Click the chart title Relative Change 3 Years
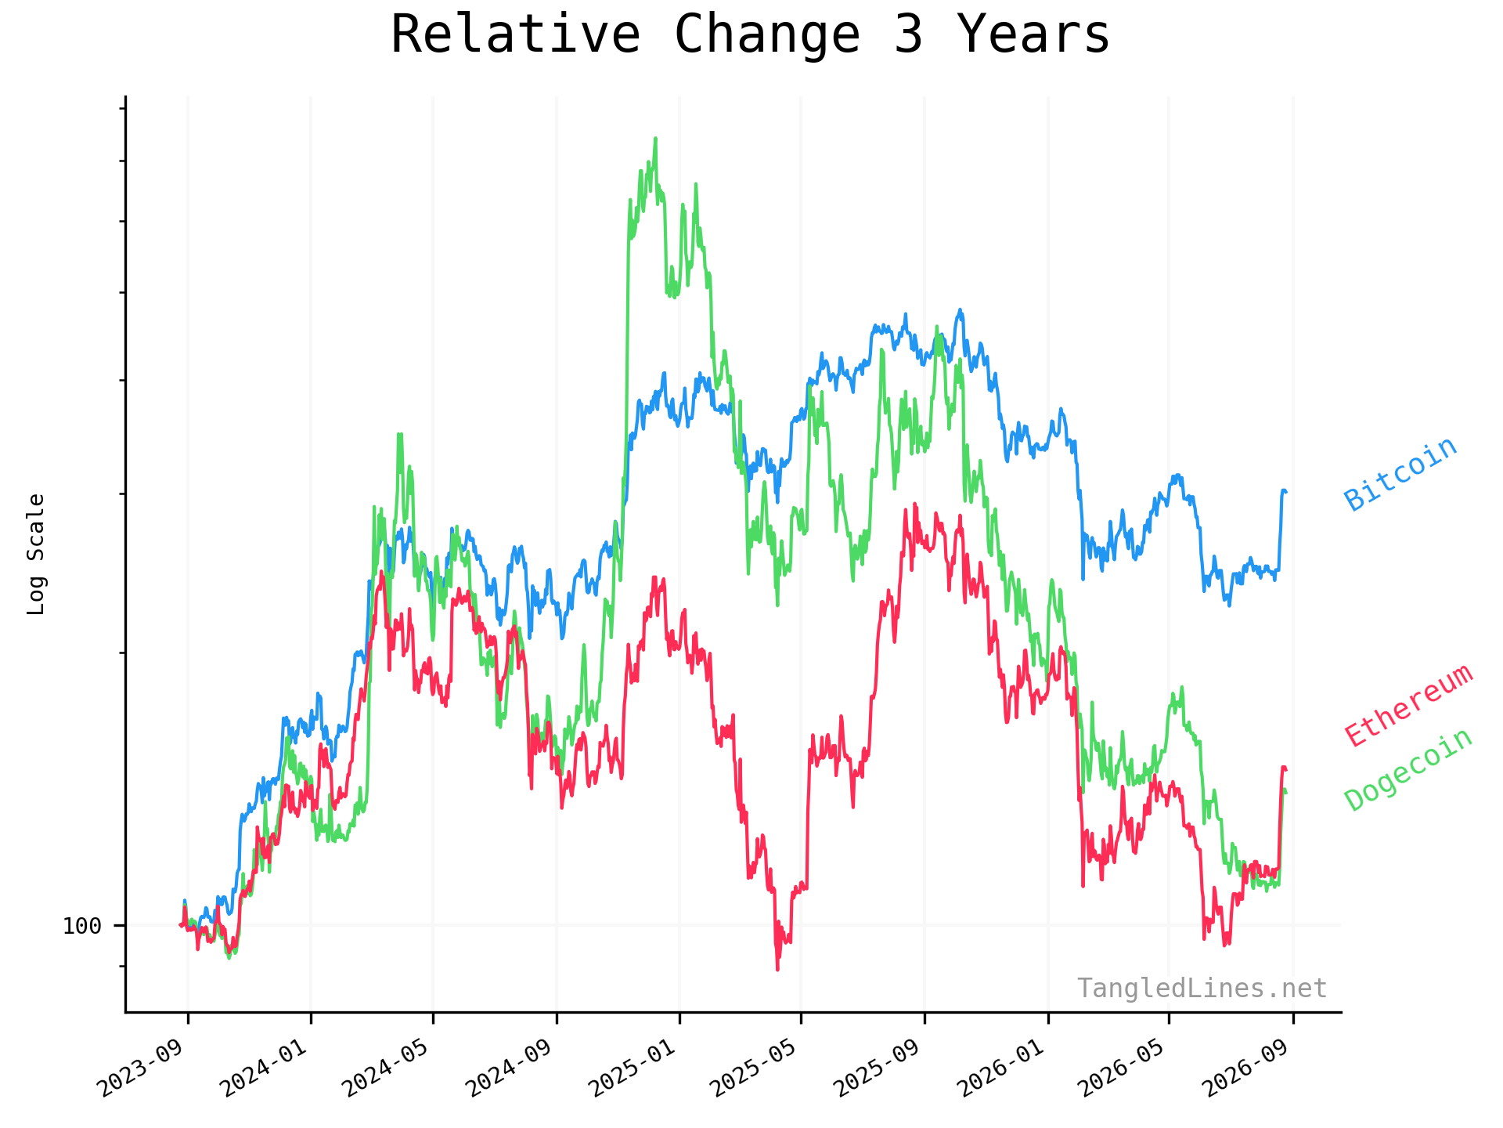click(750, 34)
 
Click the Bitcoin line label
click(1400, 474)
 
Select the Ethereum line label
click(1408, 705)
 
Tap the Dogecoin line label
click(1408, 770)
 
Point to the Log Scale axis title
click(36, 554)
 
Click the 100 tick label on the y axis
click(82, 926)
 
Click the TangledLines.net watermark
click(1202, 989)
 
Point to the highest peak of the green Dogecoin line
click(655, 139)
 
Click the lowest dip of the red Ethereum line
click(777, 970)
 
